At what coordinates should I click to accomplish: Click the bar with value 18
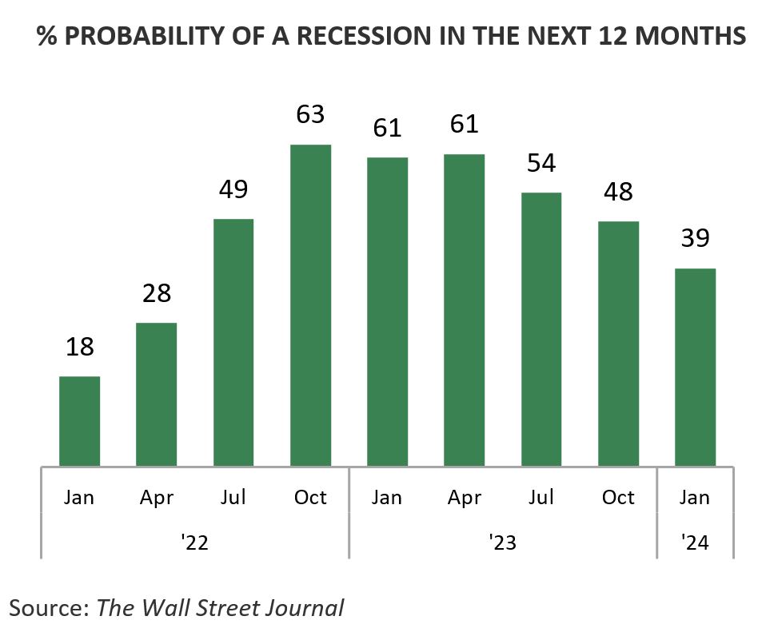tap(80, 421)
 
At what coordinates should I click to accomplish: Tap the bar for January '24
tap(695, 367)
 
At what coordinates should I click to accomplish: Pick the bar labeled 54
tap(541, 329)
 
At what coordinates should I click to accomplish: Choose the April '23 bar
tap(465, 310)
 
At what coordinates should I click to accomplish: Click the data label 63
tap(310, 114)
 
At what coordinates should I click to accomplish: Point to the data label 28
tap(157, 293)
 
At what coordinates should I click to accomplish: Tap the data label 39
tap(695, 238)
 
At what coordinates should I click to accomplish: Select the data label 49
tap(233, 189)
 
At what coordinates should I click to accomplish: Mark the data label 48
tap(618, 192)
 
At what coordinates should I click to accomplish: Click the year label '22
tap(195, 543)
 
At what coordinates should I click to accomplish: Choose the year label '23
tap(503, 543)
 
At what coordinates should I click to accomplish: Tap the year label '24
tap(695, 543)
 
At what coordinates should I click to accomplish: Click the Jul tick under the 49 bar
tap(233, 498)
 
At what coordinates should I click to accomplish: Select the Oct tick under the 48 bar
tap(618, 498)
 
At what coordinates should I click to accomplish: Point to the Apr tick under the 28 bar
tap(157, 498)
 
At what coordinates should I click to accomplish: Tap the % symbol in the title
tap(46, 37)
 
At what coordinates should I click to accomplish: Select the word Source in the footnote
tap(47, 608)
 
